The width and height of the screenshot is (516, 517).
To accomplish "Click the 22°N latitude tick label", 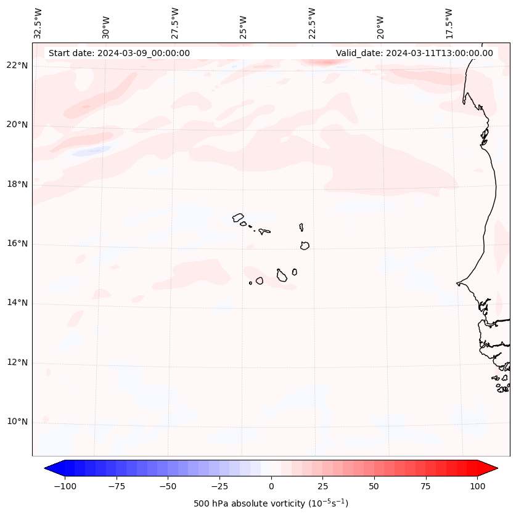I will [17, 66].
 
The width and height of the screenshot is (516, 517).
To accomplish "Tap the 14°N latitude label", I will [17, 303].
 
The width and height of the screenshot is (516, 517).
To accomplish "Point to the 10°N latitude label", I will [17, 421].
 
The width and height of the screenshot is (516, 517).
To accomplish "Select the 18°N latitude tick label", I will [17, 184].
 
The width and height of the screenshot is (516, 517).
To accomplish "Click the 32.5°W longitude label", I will [38, 23].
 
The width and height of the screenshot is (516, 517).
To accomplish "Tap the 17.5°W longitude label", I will [449, 23].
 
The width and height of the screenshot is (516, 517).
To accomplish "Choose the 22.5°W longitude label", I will [312, 23].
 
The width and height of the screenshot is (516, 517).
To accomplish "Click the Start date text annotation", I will [119, 53].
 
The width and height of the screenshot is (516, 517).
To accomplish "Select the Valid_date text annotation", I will [414, 53].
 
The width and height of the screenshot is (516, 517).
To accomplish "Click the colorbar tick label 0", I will [271, 486].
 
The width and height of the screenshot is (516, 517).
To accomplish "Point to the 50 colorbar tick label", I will [374, 486].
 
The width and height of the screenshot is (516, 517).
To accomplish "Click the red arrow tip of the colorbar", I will [492, 469].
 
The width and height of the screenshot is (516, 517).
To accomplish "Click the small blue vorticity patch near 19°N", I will [90, 151].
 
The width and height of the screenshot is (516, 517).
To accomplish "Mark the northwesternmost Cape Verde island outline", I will [238, 217].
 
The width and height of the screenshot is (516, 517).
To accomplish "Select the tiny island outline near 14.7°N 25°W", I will [250, 283].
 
